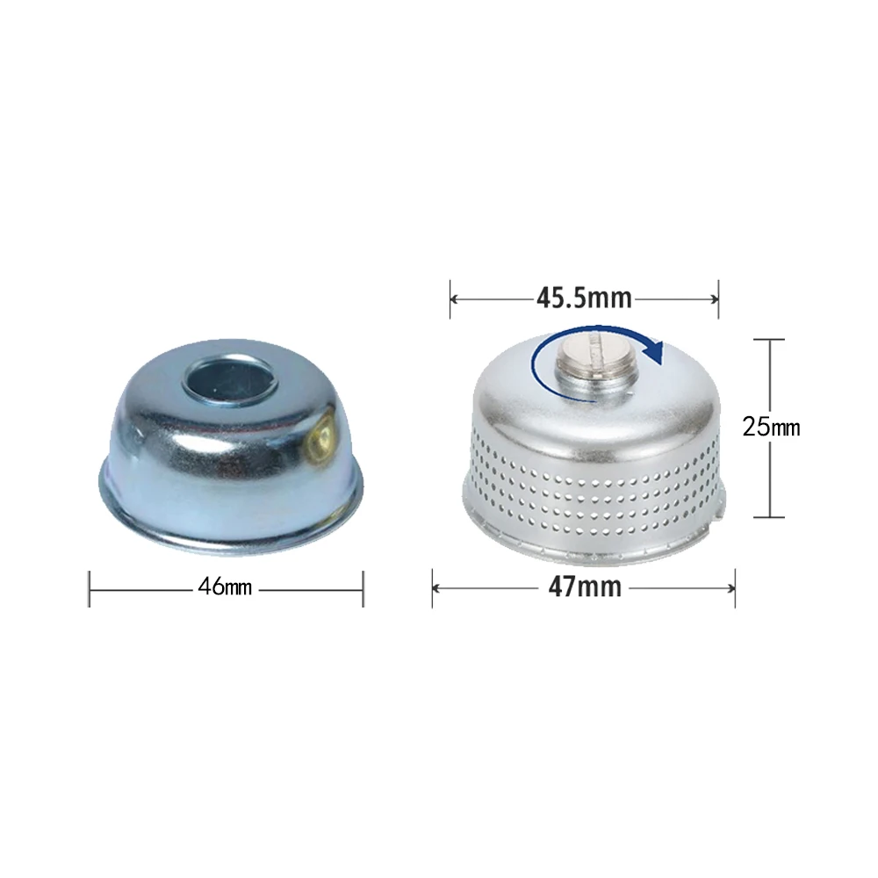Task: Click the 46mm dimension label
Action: coord(225,587)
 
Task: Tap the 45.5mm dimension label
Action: coord(584,298)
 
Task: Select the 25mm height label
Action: coord(771,428)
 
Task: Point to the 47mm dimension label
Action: coord(585,587)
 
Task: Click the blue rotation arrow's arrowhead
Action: coord(653,350)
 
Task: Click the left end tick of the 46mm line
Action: coord(89,589)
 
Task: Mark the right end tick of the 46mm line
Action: coord(363,589)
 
